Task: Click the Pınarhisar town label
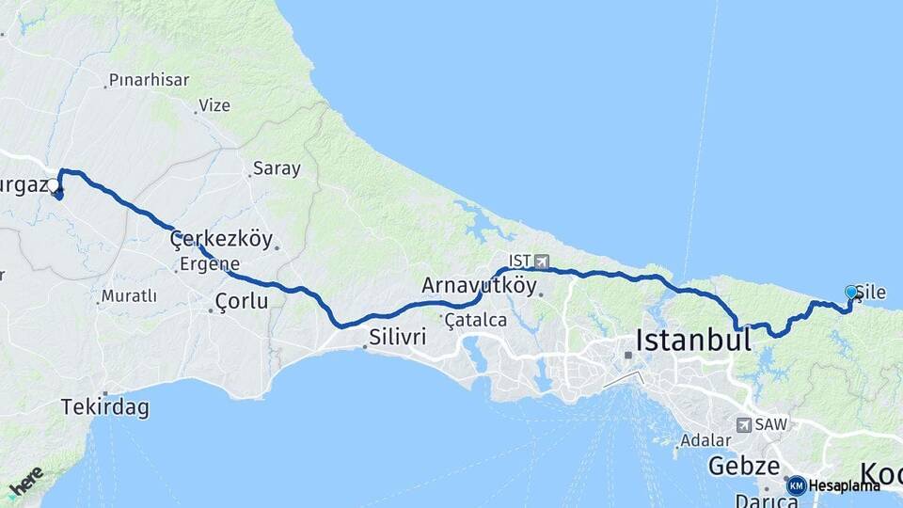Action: (149, 80)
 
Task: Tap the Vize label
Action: (214, 105)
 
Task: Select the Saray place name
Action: (276, 169)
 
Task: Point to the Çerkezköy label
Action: (220, 240)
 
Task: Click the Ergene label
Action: (210, 263)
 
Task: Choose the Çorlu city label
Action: (242, 302)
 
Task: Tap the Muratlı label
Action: (129, 296)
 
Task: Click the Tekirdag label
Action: (104, 408)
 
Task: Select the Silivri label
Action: (398, 336)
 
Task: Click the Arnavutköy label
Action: (480, 285)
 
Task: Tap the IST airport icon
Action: (541, 261)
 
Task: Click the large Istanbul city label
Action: (693, 340)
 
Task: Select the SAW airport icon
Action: (744, 425)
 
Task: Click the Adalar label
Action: (705, 440)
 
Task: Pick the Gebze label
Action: (743, 466)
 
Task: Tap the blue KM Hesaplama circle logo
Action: (797, 485)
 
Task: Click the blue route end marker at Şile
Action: (851, 293)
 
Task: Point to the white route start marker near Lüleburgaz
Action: (54, 187)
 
